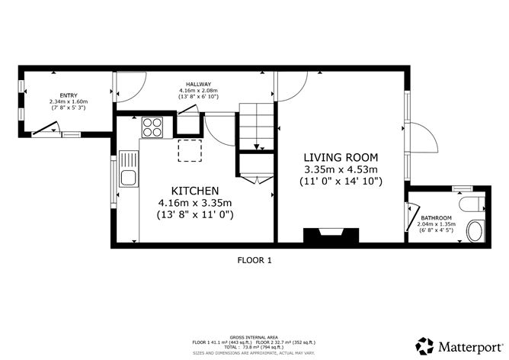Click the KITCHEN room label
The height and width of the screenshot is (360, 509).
(x=195, y=190)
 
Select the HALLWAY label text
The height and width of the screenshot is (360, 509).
(x=199, y=84)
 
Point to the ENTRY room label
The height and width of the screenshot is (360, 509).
(x=68, y=95)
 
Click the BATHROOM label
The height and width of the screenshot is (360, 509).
(x=437, y=218)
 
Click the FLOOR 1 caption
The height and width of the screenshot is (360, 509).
(x=254, y=260)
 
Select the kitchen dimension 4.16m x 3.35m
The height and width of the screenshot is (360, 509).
(x=195, y=203)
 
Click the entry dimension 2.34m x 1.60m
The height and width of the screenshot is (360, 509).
(x=68, y=101)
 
